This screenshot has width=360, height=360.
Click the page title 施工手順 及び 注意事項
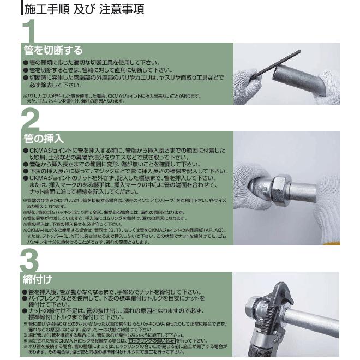[x=85, y=9]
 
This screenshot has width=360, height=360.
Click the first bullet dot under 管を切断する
[x=25, y=63]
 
